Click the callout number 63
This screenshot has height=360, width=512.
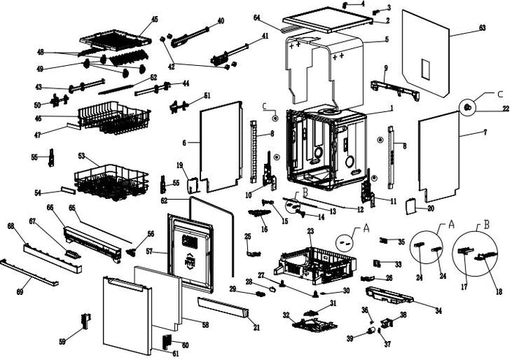click(482, 28)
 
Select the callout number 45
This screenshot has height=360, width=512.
click(154, 18)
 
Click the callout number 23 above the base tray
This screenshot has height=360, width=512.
click(309, 231)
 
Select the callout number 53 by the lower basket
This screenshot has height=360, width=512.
click(82, 156)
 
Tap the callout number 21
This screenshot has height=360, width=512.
click(257, 326)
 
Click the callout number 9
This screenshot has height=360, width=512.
click(385, 68)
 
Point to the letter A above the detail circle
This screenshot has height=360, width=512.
click(451, 224)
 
